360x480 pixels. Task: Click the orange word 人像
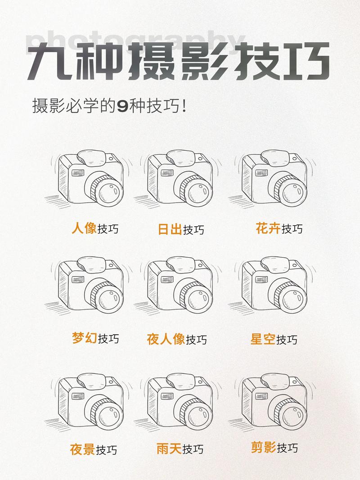pyautogui.click(x=84, y=228)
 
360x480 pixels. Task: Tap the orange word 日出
pyautogui.click(x=170, y=229)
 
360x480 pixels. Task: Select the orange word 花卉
pyautogui.click(x=268, y=228)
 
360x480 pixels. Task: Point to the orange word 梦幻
pyautogui.click(x=84, y=337)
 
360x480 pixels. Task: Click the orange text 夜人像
pyautogui.click(x=166, y=339)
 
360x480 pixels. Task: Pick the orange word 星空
pyautogui.click(x=263, y=339)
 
